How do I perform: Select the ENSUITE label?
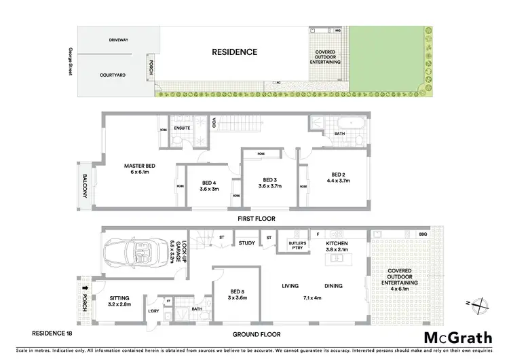182,127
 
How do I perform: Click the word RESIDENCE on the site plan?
235,52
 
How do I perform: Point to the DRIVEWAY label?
119,40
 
